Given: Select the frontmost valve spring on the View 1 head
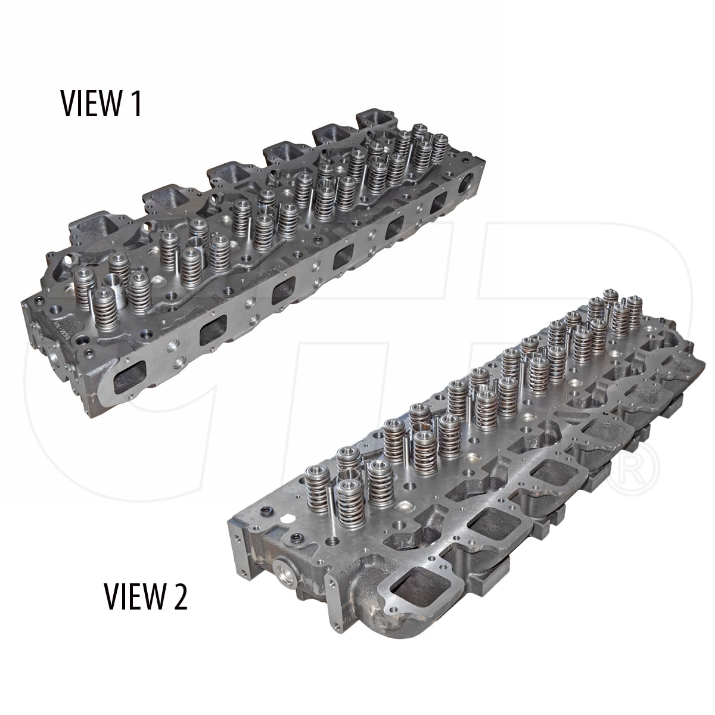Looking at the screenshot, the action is [x=106, y=309].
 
